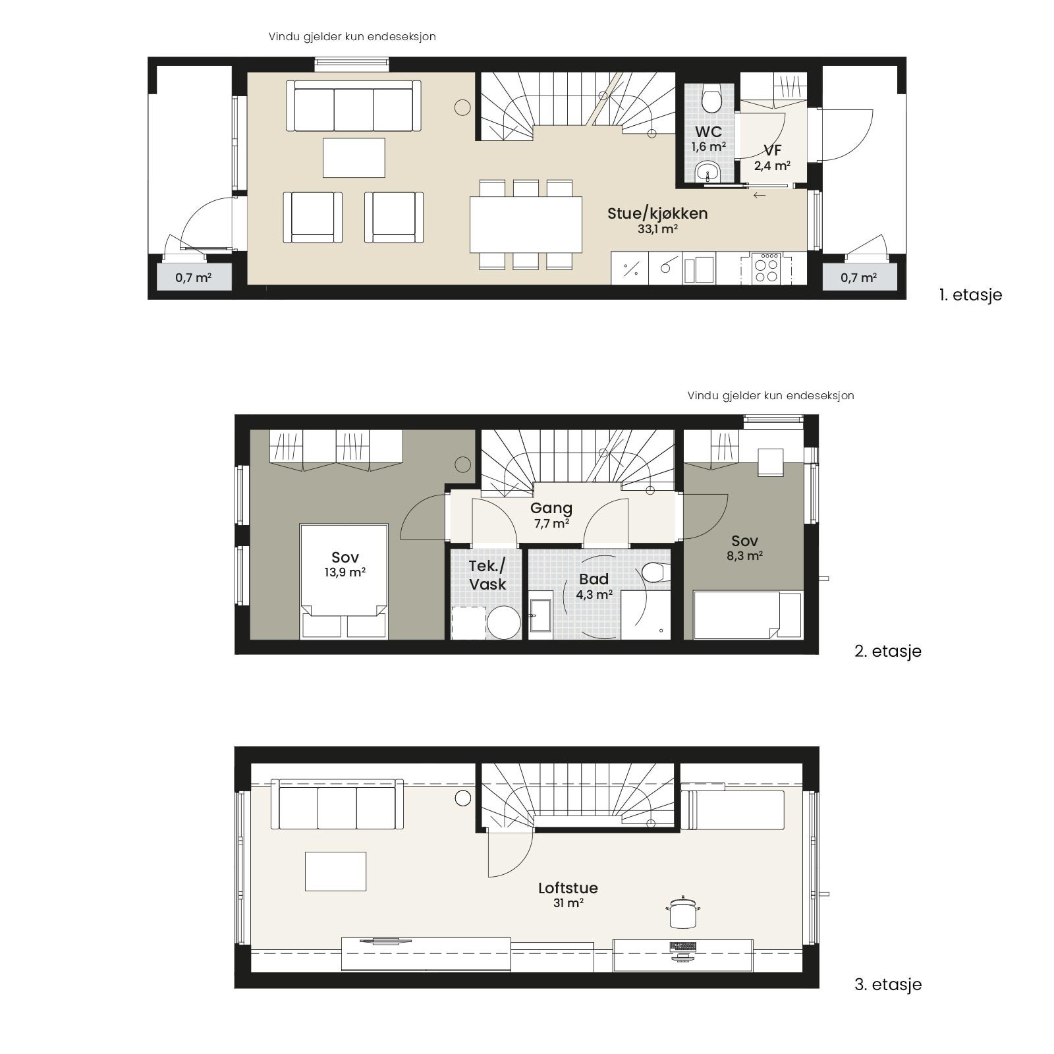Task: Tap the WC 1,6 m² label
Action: tap(708, 138)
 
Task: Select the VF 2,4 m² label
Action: tap(772, 157)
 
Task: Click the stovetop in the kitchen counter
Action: tap(766, 269)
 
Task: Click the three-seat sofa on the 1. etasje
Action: tap(354, 107)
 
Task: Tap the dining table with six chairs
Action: tap(526, 225)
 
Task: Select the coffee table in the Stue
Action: tap(354, 157)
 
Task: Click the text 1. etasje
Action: tap(970, 294)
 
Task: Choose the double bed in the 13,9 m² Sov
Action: tap(344, 582)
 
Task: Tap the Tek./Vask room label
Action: tap(487, 575)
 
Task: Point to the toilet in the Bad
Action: tap(653, 572)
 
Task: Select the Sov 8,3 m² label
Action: tap(745, 547)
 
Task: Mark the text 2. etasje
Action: tap(888, 652)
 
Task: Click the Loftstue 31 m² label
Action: tap(568, 895)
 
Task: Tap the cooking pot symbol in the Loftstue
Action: tap(682, 913)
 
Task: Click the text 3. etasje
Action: tap(888, 985)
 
